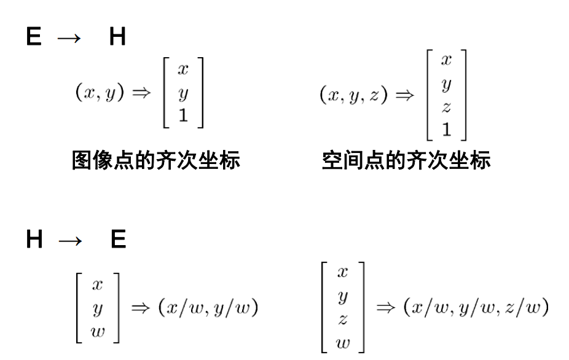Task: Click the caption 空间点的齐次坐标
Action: (x=406, y=162)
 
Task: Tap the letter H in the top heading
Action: (x=117, y=39)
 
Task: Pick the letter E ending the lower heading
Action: (x=117, y=240)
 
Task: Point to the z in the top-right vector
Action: (x=445, y=107)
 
